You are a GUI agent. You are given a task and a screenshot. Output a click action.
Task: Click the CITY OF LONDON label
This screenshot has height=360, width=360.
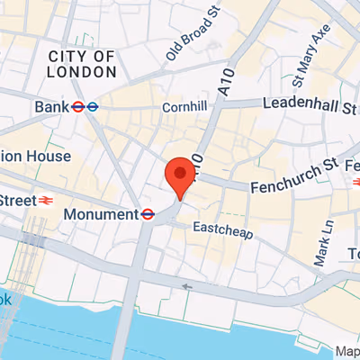[81, 65]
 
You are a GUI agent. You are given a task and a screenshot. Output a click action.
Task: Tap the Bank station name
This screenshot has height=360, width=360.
[50, 107]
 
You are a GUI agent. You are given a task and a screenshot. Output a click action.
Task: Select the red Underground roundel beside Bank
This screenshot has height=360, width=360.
[78, 107]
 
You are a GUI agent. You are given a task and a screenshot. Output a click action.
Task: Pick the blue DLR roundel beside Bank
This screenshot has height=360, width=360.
[93, 107]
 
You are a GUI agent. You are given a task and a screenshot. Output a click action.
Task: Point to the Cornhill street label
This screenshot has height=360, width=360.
[184, 107]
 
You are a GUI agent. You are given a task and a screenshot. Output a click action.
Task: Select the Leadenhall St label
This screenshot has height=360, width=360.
[309, 105]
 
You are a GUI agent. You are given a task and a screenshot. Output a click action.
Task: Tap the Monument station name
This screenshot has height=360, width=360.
[101, 215]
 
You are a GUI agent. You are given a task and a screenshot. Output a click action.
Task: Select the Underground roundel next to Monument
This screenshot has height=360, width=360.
[148, 214]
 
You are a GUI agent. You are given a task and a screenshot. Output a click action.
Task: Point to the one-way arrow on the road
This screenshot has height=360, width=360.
[188, 288]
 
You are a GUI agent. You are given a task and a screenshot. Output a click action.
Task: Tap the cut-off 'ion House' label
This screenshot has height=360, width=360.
[34, 156]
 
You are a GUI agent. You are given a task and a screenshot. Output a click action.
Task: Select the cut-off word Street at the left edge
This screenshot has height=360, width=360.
[16, 199]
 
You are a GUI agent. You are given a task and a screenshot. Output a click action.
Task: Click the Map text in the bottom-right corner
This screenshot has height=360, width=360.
[347, 351]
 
